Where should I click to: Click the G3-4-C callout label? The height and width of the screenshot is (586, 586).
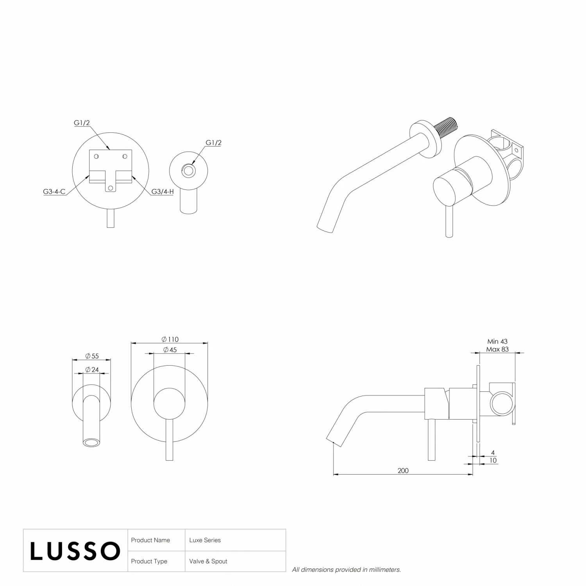point(54,192)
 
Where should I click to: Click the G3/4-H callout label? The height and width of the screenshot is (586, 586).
point(163,192)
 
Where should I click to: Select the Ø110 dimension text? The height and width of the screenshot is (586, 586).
point(170,339)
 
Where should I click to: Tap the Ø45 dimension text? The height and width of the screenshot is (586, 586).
point(170,350)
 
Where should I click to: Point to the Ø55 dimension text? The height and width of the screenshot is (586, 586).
point(92,356)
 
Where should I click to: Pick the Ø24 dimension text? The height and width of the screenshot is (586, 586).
point(92,369)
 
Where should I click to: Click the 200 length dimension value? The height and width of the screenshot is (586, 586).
point(403,471)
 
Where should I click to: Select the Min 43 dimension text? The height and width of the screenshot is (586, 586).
point(497,341)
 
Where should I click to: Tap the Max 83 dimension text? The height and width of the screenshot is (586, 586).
point(497,349)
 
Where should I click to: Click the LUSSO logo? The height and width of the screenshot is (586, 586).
point(75,551)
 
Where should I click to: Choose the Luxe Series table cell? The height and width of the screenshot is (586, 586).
point(205,540)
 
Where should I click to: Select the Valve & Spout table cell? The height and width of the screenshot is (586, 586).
point(208,561)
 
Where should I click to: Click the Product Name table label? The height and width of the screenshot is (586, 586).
point(150,540)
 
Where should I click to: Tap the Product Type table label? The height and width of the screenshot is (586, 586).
point(149,561)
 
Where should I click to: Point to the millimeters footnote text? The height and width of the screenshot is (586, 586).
point(346,570)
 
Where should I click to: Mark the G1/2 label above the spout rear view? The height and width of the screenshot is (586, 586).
point(213,143)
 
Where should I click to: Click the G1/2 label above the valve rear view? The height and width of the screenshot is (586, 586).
point(82,123)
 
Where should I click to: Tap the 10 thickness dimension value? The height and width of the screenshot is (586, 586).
point(493,461)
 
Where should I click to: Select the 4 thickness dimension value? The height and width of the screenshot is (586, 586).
point(493,453)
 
